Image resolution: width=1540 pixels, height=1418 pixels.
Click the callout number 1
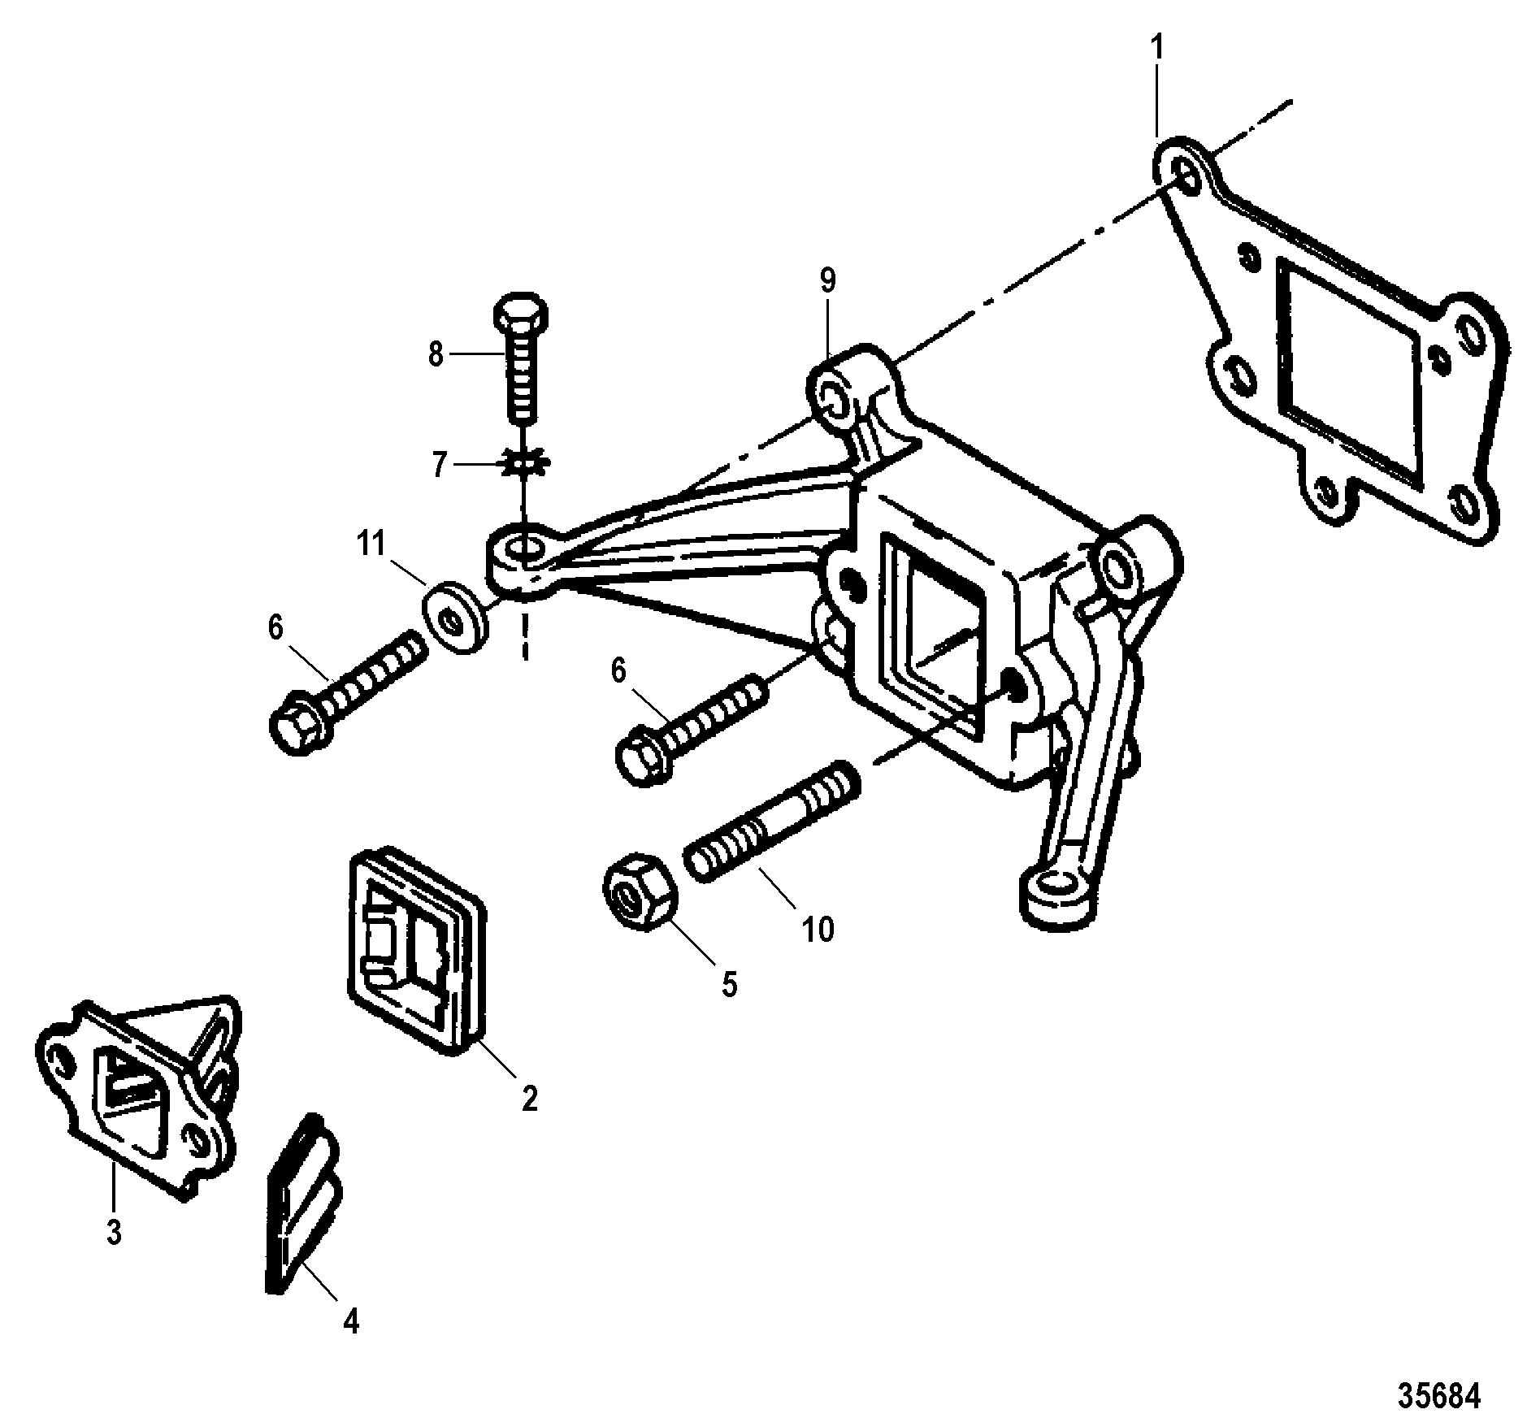1157,50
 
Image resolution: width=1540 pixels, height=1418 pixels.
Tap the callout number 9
827,281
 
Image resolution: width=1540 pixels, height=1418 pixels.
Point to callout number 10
818,929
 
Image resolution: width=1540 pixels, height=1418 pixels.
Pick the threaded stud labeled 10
772,822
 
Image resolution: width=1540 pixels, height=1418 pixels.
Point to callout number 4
350,1324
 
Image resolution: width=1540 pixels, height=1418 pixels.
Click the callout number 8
436,354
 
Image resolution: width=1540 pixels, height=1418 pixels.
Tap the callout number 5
729,986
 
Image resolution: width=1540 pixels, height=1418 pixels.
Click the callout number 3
114,1233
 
